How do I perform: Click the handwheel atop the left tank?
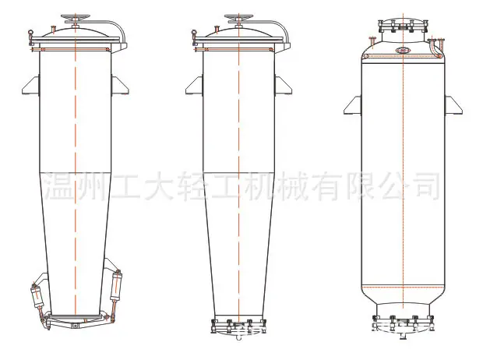click(75, 17)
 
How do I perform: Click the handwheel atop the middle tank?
click(238, 17)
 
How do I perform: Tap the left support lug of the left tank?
click(31, 85)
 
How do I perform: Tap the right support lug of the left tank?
click(119, 85)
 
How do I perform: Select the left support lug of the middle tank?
click(195, 85)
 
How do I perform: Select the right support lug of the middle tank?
click(283, 85)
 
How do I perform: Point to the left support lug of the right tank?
click(353, 105)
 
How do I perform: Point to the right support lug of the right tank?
click(453, 105)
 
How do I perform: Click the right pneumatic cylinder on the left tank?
click(116, 286)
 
